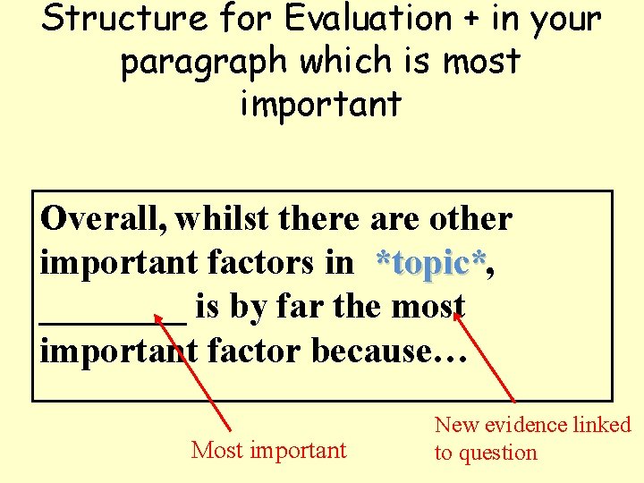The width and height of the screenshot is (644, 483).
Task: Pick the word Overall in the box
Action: click(103, 218)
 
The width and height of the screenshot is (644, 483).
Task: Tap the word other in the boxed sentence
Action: click(470, 218)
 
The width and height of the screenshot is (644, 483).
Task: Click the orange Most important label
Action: click(268, 450)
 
